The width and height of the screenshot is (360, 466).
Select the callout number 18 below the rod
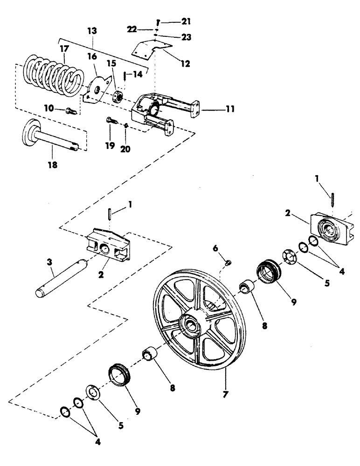coord(53,165)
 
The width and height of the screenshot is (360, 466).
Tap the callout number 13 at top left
coord(92,31)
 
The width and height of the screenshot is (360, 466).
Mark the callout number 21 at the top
coord(173,22)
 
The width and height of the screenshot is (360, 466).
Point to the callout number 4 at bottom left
coord(97,440)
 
